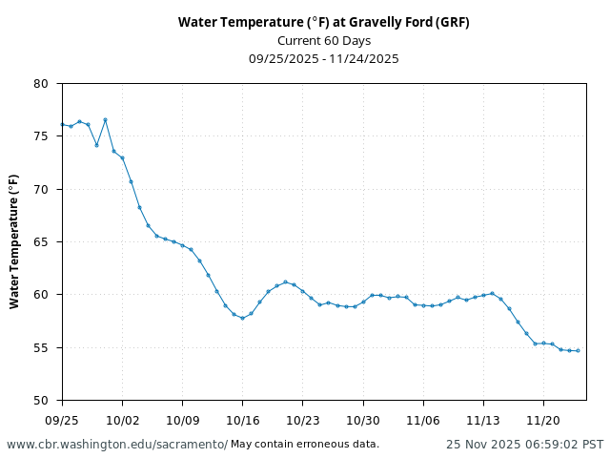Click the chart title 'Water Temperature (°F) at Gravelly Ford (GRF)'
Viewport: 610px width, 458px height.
(323, 22)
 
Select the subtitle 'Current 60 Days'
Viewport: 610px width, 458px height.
(323, 40)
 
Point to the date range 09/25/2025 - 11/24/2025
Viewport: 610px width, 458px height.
(323, 58)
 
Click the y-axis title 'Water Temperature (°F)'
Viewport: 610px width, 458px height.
(14, 241)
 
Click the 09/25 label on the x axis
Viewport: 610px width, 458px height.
(62, 419)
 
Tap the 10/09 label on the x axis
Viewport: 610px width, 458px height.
(182, 419)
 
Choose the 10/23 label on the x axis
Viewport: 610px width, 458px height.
(302, 419)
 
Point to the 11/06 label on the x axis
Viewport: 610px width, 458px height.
(422, 419)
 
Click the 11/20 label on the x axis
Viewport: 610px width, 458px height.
(542, 419)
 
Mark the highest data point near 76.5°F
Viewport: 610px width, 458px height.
(105, 119)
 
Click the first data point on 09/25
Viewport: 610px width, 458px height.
(62, 124)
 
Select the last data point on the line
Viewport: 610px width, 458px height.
(578, 350)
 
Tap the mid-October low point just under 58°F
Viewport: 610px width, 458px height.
(242, 318)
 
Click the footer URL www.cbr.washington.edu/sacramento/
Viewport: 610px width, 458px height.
(117, 445)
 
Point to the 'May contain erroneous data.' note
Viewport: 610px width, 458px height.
(305, 445)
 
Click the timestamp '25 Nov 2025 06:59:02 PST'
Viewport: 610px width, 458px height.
(524, 445)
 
